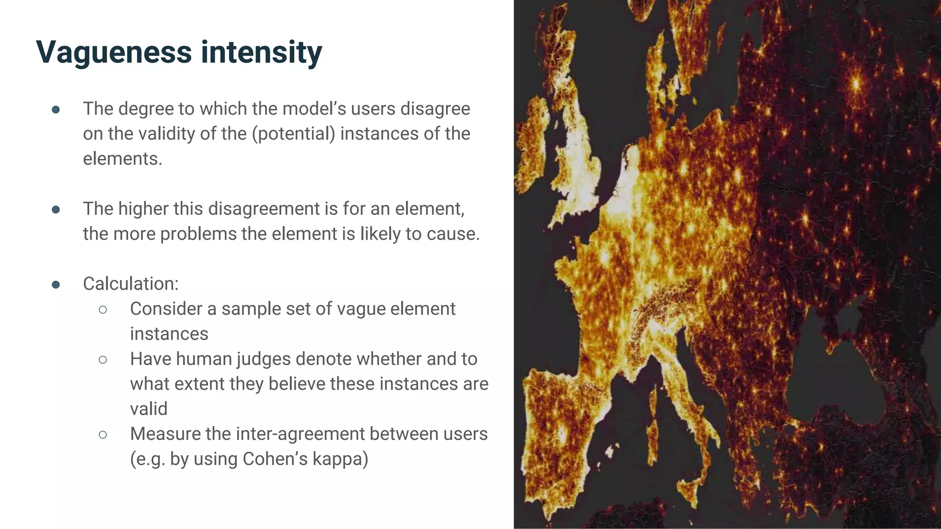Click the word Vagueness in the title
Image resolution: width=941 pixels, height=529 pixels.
(x=113, y=52)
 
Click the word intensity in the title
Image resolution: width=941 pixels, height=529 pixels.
(x=261, y=52)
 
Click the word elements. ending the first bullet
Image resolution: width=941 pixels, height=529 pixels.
(x=122, y=159)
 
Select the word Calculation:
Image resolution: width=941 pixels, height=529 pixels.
(x=130, y=284)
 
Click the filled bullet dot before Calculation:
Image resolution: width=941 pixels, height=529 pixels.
(x=56, y=285)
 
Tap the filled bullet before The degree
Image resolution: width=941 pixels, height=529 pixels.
(x=56, y=110)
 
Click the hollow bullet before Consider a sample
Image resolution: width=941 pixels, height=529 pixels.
(x=103, y=310)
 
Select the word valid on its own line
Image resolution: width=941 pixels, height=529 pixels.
(x=148, y=409)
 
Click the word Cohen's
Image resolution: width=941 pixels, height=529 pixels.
(x=275, y=459)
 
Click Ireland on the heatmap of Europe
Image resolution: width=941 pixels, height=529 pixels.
(x=533, y=152)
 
